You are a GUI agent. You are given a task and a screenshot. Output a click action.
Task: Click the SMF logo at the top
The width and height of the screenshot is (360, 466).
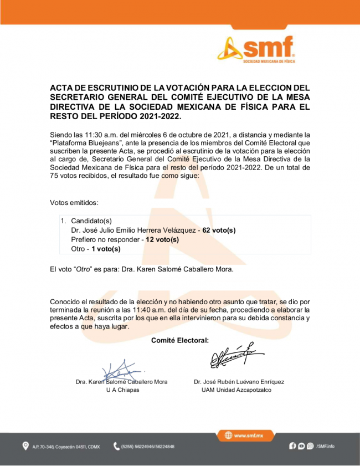click(x=256, y=50)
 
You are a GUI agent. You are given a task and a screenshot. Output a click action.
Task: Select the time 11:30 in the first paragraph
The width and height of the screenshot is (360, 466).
click(x=83, y=135)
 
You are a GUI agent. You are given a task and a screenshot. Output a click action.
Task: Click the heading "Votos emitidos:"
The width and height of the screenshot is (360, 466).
click(x=74, y=203)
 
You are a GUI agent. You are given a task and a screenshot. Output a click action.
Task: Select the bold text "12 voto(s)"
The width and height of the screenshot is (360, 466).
click(x=162, y=239)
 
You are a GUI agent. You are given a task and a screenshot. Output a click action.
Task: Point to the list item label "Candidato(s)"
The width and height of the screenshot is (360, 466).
click(x=91, y=221)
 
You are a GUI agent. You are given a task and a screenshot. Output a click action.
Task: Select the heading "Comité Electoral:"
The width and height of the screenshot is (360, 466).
click(x=179, y=340)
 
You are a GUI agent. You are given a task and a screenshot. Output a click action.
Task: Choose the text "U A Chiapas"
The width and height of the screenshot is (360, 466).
click(x=122, y=390)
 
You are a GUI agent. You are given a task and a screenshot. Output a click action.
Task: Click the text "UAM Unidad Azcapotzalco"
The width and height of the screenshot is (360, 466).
click(x=236, y=390)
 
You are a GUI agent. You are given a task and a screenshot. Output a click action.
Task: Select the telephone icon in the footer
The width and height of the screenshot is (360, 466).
click(x=116, y=446)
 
